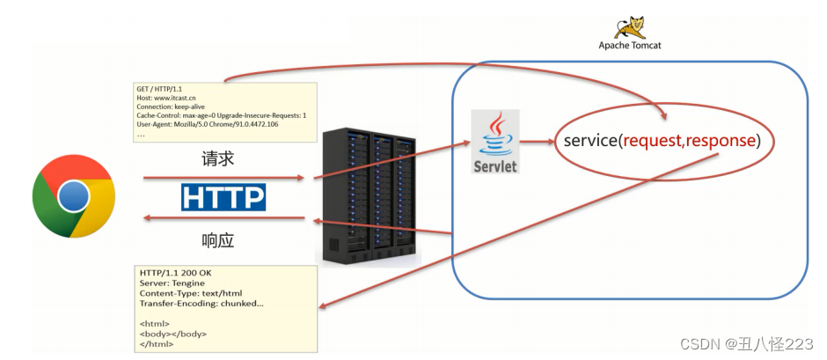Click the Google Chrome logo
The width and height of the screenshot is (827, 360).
click(74, 196)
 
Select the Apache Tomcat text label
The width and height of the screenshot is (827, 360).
click(630, 45)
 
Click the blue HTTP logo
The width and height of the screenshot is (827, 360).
click(223, 196)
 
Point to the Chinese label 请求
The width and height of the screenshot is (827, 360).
click(218, 159)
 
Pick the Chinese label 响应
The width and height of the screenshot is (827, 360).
click(218, 240)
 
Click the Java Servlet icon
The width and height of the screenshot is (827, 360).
click(494, 141)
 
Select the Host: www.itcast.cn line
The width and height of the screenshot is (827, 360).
click(172, 99)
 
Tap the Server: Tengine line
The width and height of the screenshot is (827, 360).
click(172, 283)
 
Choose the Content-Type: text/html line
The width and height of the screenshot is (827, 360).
click(190, 294)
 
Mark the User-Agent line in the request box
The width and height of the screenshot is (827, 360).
click(207, 124)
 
